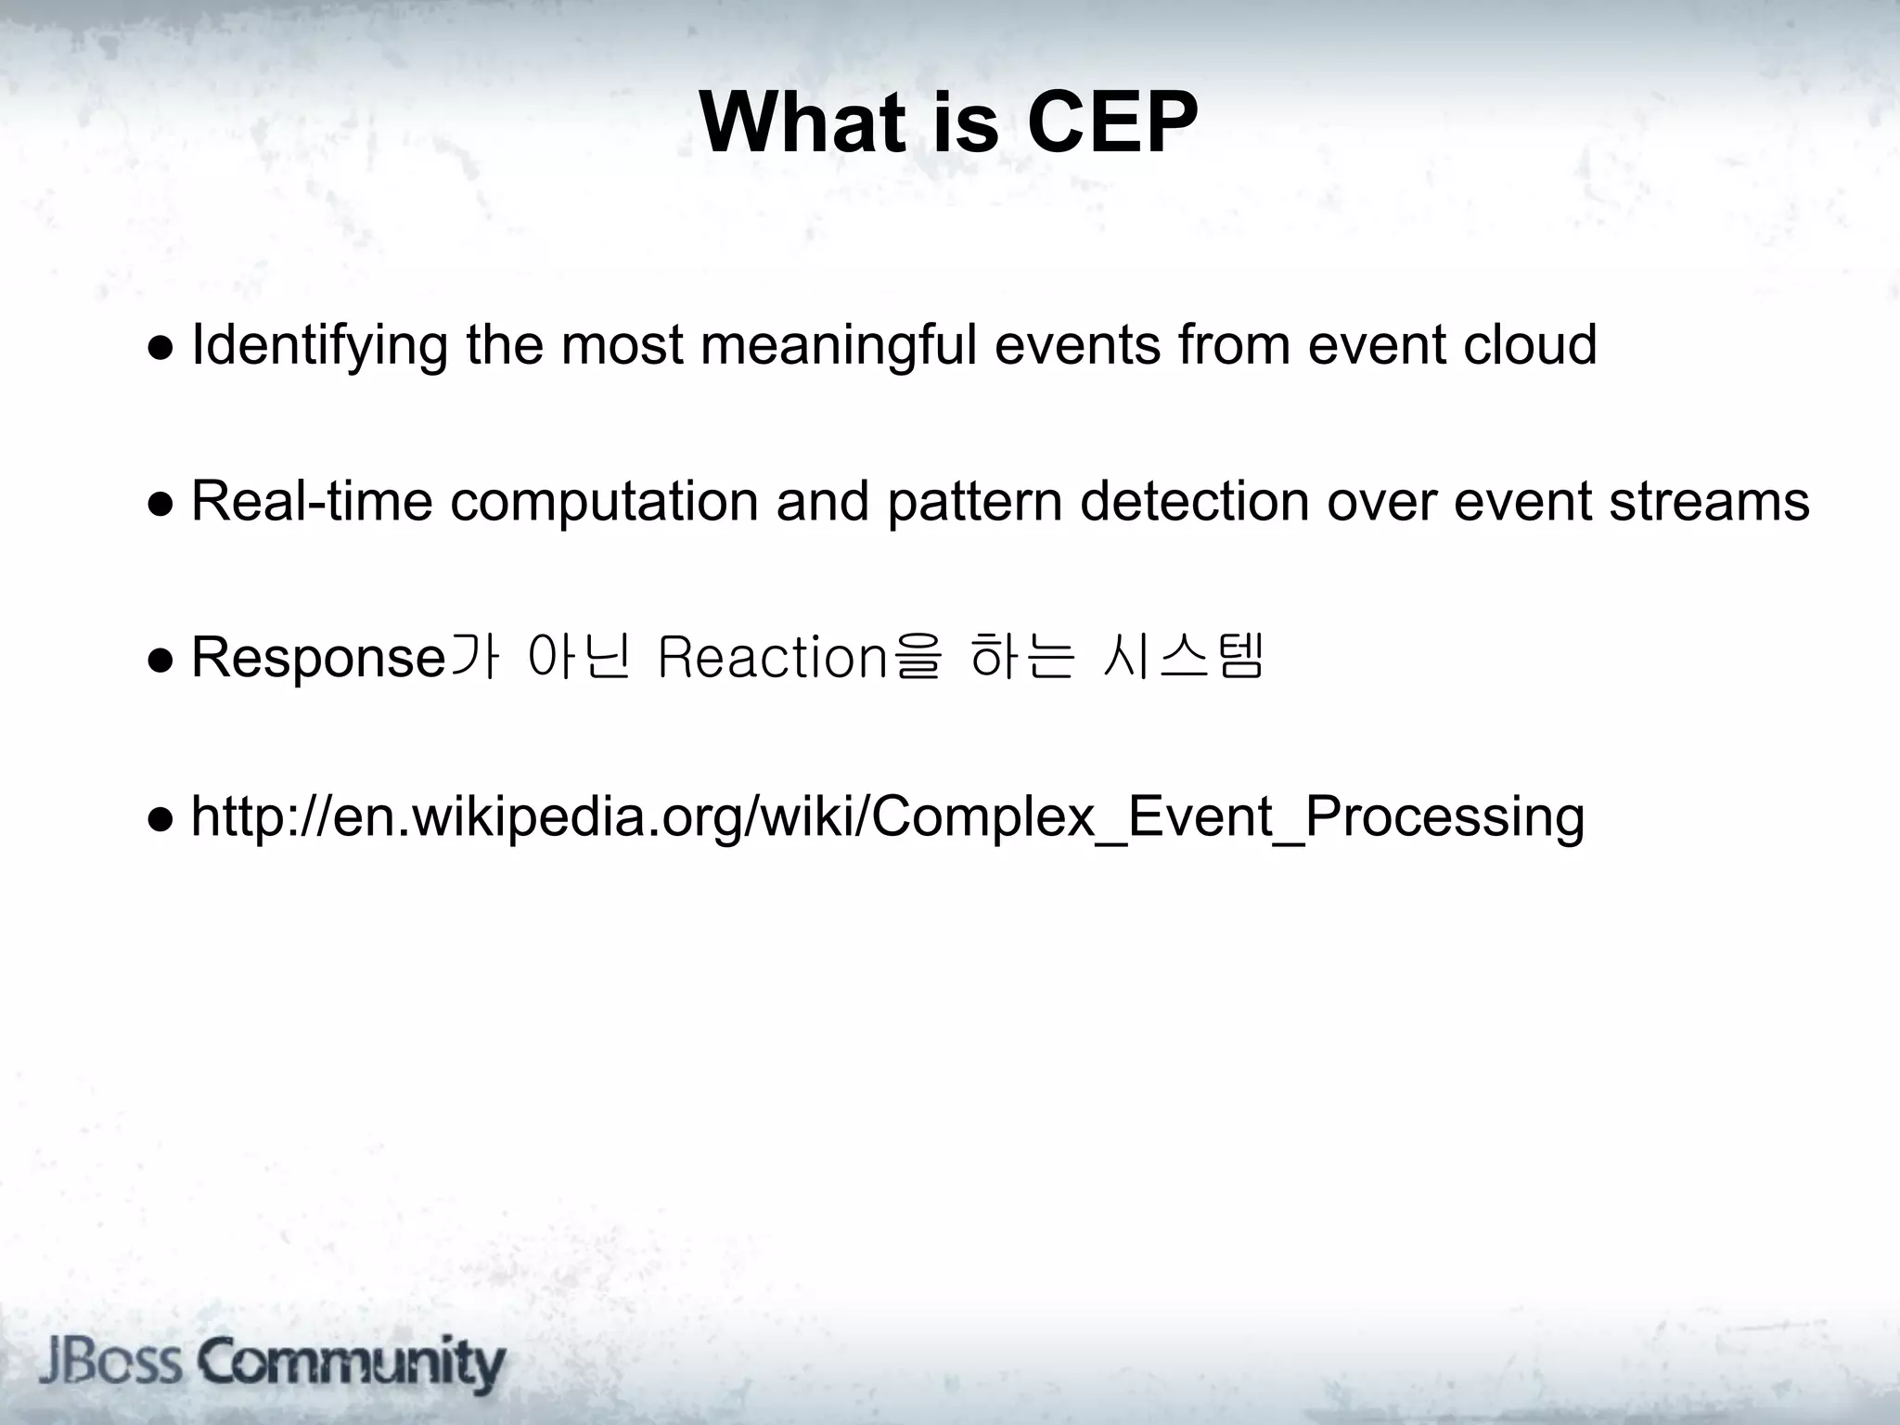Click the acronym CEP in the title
tap(1112, 124)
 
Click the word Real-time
tap(312, 502)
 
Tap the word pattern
tap(974, 502)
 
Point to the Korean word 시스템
tap(1184, 657)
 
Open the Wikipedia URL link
tap(887, 817)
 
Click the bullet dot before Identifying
tap(160, 349)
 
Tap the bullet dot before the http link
tap(160, 819)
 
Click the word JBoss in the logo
tap(110, 1364)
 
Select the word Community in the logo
tap(352, 1364)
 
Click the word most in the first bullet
tap(622, 346)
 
